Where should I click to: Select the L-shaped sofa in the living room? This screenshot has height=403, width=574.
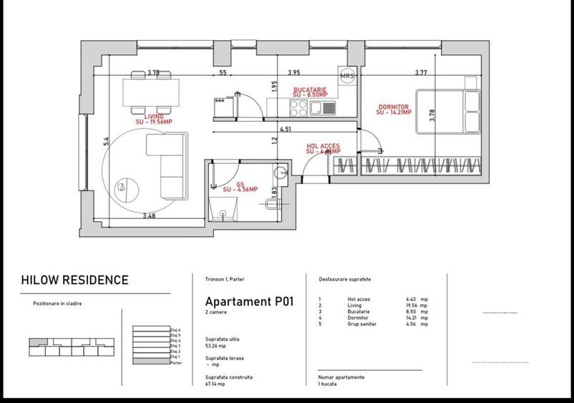[167, 165]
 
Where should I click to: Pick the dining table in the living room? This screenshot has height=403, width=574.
[150, 92]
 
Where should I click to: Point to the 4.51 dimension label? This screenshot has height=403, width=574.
[285, 130]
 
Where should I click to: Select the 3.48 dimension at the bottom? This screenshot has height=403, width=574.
[150, 215]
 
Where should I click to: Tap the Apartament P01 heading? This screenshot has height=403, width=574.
[250, 301]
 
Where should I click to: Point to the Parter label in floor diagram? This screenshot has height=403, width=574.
[176, 363]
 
